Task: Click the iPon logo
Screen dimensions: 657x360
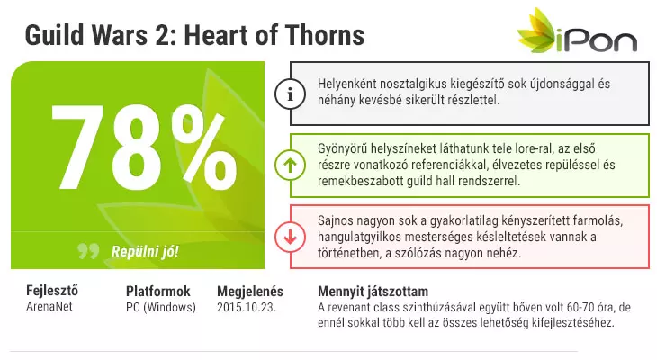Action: [578, 31]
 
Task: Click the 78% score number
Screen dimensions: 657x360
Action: [144, 148]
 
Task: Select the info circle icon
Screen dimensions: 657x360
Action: [290, 94]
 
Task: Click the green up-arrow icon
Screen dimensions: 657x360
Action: [290, 166]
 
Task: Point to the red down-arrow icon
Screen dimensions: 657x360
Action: [290, 238]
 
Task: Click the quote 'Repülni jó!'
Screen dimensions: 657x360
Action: [145, 251]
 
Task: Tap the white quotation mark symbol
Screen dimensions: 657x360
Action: [88, 251]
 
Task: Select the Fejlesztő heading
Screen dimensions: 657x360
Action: [52, 291]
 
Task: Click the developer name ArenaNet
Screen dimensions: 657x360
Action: [49, 306]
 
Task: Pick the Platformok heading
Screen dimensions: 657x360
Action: [158, 292]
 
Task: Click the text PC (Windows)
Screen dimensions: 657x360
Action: [161, 307]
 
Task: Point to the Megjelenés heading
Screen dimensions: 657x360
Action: [250, 292]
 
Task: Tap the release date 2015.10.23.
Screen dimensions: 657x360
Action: [247, 307]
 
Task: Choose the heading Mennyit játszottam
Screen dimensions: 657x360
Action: [373, 292]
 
